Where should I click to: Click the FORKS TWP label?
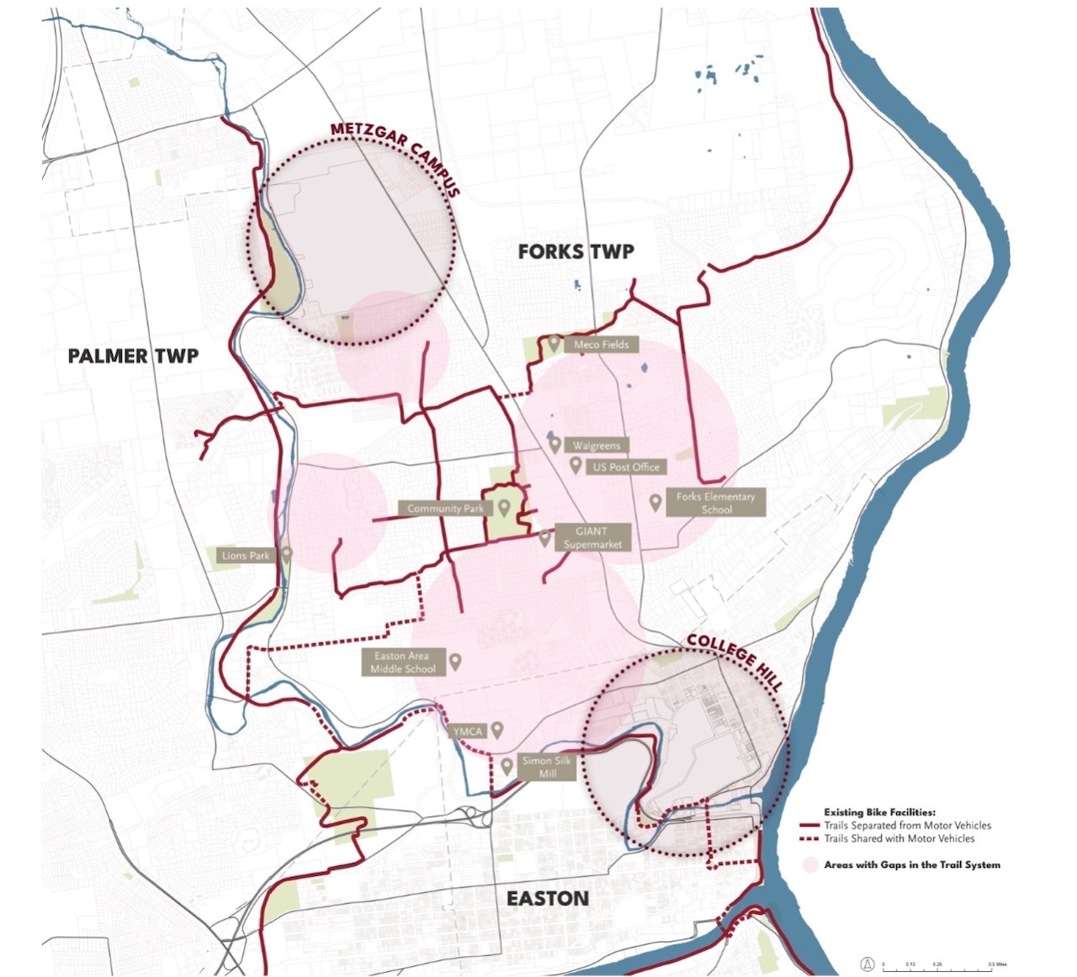pyautogui.click(x=576, y=251)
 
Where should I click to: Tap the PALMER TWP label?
pyautogui.click(x=133, y=356)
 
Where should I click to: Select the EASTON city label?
pyautogui.click(x=548, y=899)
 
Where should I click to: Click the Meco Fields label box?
pyautogui.click(x=601, y=345)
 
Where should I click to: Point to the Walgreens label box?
pyautogui.click(x=597, y=446)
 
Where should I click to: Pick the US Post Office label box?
pyautogui.click(x=626, y=467)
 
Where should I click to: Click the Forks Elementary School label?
pyautogui.click(x=715, y=503)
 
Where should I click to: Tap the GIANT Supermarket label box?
pyautogui.click(x=592, y=537)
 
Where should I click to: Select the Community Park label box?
pyautogui.click(x=445, y=509)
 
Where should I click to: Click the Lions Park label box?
pyautogui.click(x=246, y=556)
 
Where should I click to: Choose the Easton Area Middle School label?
pyautogui.click(x=402, y=663)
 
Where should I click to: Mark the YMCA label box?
pyautogui.click(x=468, y=731)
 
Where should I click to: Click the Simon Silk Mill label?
pyautogui.click(x=546, y=767)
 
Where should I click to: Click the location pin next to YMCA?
pyautogui.click(x=497, y=730)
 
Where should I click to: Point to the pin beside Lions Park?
pyautogui.click(x=287, y=554)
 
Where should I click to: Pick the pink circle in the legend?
pyautogui.click(x=810, y=864)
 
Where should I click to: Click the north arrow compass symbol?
pyautogui.click(x=867, y=964)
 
